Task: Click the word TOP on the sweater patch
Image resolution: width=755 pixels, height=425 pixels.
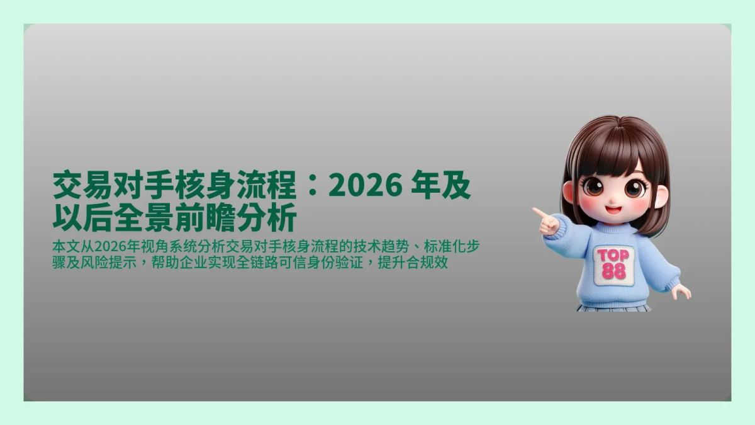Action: (x=613, y=256)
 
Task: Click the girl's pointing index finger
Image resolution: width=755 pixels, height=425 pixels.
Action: (x=539, y=212)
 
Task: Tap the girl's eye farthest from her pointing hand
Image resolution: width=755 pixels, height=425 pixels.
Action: (x=634, y=188)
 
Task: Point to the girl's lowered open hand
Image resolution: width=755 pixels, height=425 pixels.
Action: (x=681, y=291)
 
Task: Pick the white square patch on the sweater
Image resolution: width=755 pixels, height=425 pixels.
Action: (x=613, y=264)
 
